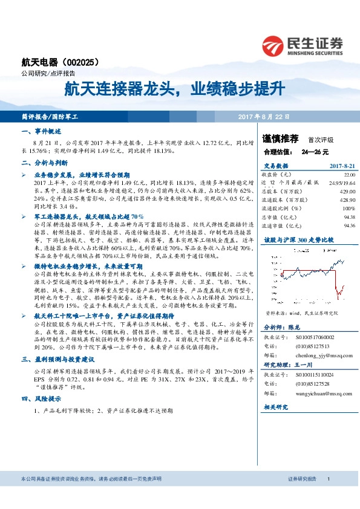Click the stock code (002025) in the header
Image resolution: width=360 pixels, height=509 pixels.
click(x=81, y=61)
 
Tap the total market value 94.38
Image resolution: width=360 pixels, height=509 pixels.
click(x=349, y=216)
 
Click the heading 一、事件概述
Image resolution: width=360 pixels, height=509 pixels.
click(x=42, y=131)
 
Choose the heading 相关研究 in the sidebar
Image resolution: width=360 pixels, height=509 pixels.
click(x=278, y=408)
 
